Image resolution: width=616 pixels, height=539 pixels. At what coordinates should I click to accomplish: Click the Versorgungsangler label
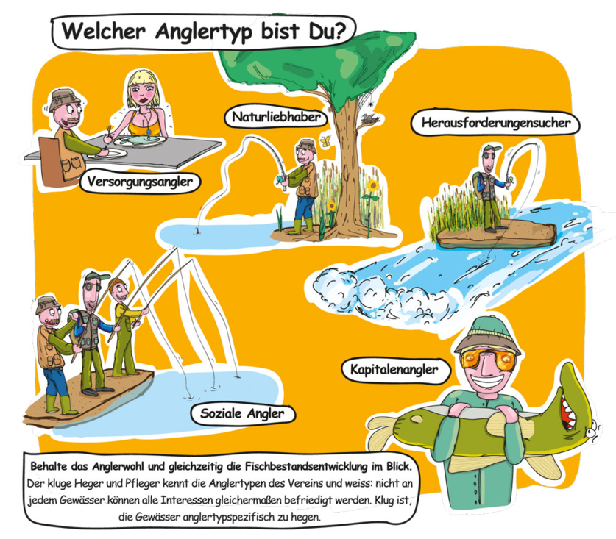tap(141, 182)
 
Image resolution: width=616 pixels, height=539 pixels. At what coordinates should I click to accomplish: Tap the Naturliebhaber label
tap(276, 117)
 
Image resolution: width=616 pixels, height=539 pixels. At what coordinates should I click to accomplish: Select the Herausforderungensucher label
tap(496, 123)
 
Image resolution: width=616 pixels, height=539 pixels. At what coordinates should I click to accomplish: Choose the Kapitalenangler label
tap(394, 370)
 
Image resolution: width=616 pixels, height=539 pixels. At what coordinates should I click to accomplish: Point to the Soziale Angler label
tap(242, 414)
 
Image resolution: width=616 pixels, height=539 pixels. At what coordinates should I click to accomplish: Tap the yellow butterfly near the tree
tap(325, 141)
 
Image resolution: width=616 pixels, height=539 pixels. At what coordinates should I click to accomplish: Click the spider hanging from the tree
tap(370, 104)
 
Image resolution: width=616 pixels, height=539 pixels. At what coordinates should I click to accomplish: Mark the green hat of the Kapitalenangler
tap(487, 333)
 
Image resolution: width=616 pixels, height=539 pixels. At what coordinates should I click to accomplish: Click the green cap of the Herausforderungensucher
tap(490, 149)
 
